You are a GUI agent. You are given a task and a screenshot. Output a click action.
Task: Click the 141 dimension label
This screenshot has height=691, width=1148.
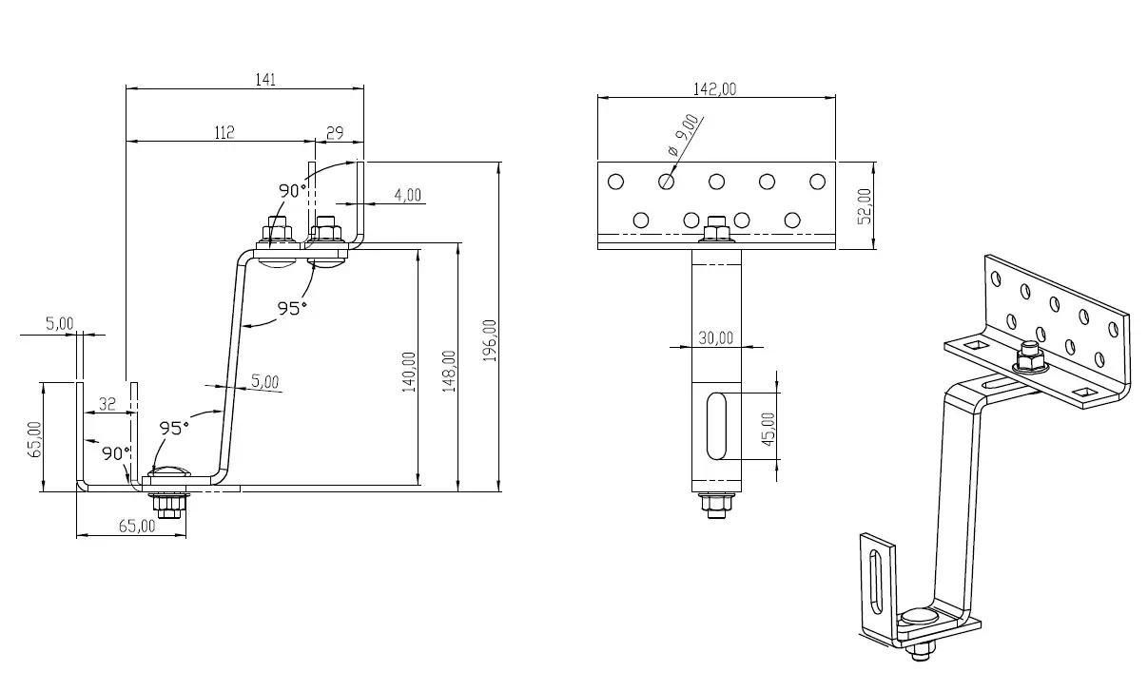(x=265, y=80)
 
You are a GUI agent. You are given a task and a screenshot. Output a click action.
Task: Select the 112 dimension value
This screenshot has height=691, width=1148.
(x=224, y=133)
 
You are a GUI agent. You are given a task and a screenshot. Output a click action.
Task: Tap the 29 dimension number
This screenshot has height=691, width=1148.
(x=335, y=133)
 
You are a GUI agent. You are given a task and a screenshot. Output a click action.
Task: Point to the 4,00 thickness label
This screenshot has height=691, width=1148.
(x=407, y=195)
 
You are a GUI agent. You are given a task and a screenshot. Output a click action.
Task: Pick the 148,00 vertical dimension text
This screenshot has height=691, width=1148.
(x=449, y=371)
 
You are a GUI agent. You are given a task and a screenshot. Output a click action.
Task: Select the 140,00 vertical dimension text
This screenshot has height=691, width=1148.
(x=409, y=372)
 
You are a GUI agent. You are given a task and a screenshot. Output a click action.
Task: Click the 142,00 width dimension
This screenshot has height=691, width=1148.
(x=715, y=89)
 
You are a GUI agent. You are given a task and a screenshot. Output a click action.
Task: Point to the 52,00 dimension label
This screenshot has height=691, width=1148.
(x=864, y=205)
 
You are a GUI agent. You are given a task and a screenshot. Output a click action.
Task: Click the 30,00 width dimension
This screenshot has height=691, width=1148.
(x=715, y=337)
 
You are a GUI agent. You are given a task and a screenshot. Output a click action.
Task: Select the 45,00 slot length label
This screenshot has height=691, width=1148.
(x=769, y=428)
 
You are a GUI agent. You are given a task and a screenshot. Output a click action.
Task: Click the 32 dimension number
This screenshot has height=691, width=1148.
(x=107, y=404)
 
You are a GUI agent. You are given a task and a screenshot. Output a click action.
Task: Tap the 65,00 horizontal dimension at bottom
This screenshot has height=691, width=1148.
(x=137, y=526)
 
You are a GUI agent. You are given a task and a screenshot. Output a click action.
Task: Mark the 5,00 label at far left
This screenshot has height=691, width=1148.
(x=60, y=323)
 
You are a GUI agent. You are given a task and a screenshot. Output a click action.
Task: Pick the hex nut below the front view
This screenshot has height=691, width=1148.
(x=715, y=502)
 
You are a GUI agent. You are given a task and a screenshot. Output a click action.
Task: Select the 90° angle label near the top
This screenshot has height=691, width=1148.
(x=292, y=190)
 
